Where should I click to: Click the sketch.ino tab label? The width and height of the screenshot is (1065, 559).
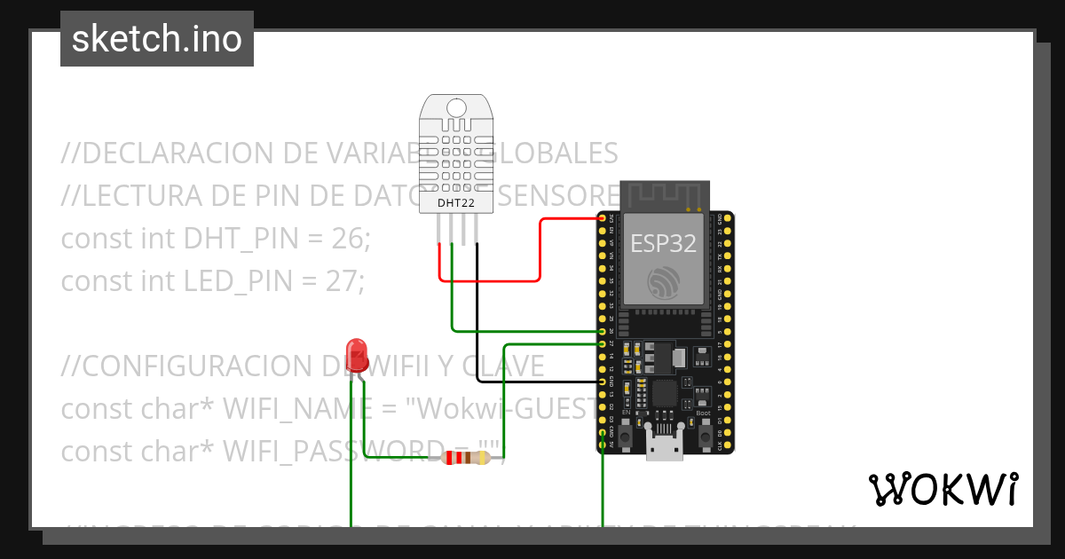(157, 39)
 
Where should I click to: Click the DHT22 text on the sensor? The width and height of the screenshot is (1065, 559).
(455, 203)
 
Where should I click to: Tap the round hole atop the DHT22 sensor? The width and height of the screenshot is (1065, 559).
(455, 108)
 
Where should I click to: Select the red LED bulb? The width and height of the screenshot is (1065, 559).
(357, 353)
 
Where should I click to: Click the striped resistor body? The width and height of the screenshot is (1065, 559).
(465, 458)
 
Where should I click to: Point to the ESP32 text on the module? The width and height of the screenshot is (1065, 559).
(663, 243)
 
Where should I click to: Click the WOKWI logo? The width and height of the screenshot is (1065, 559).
(943, 489)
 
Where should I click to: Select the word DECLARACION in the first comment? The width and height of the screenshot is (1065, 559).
(177, 154)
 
